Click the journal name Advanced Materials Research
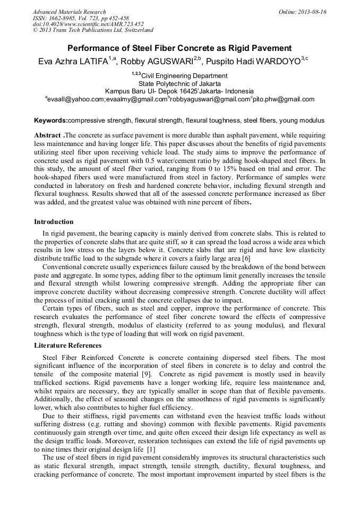[70, 12]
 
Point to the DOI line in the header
[88, 24]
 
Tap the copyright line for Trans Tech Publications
[93, 30]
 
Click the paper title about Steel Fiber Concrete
[179, 48]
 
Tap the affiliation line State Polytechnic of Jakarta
[179, 83]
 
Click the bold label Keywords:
[51, 120]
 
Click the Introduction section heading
[54, 222]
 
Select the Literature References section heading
[67, 346]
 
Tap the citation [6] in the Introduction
[246, 258]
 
